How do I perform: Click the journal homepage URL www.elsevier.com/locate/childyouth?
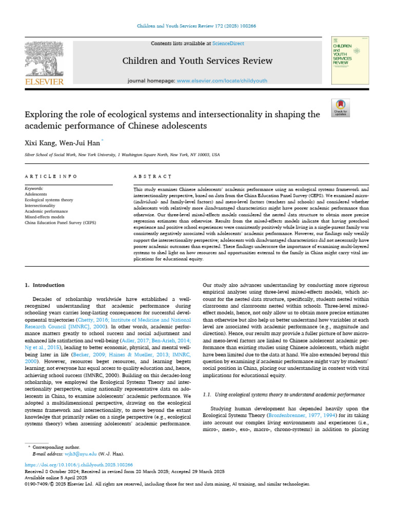(x=211, y=81)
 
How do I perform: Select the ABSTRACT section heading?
(x=152, y=177)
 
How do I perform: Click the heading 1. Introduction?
(x=45, y=285)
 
